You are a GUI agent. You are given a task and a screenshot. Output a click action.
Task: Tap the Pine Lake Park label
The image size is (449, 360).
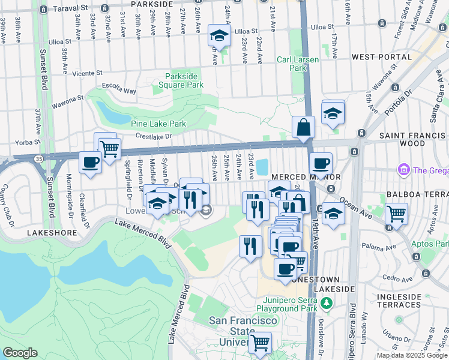[x=158, y=124]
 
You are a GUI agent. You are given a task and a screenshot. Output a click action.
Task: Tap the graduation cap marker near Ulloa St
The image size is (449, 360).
[x=219, y=36]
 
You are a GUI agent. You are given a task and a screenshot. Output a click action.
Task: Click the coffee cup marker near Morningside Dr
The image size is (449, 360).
[x=91, y=163]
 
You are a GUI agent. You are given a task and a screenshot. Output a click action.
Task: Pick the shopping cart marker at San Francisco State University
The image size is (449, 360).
[x=261, y=343]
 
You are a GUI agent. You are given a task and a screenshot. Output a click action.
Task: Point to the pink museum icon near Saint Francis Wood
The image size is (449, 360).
[x=403, y=170]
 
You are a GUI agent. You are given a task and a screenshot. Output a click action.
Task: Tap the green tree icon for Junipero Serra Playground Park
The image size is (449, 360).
[x=327, y=304]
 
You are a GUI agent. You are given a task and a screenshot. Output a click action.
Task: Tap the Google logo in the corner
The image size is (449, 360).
[x=20, y=353]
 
